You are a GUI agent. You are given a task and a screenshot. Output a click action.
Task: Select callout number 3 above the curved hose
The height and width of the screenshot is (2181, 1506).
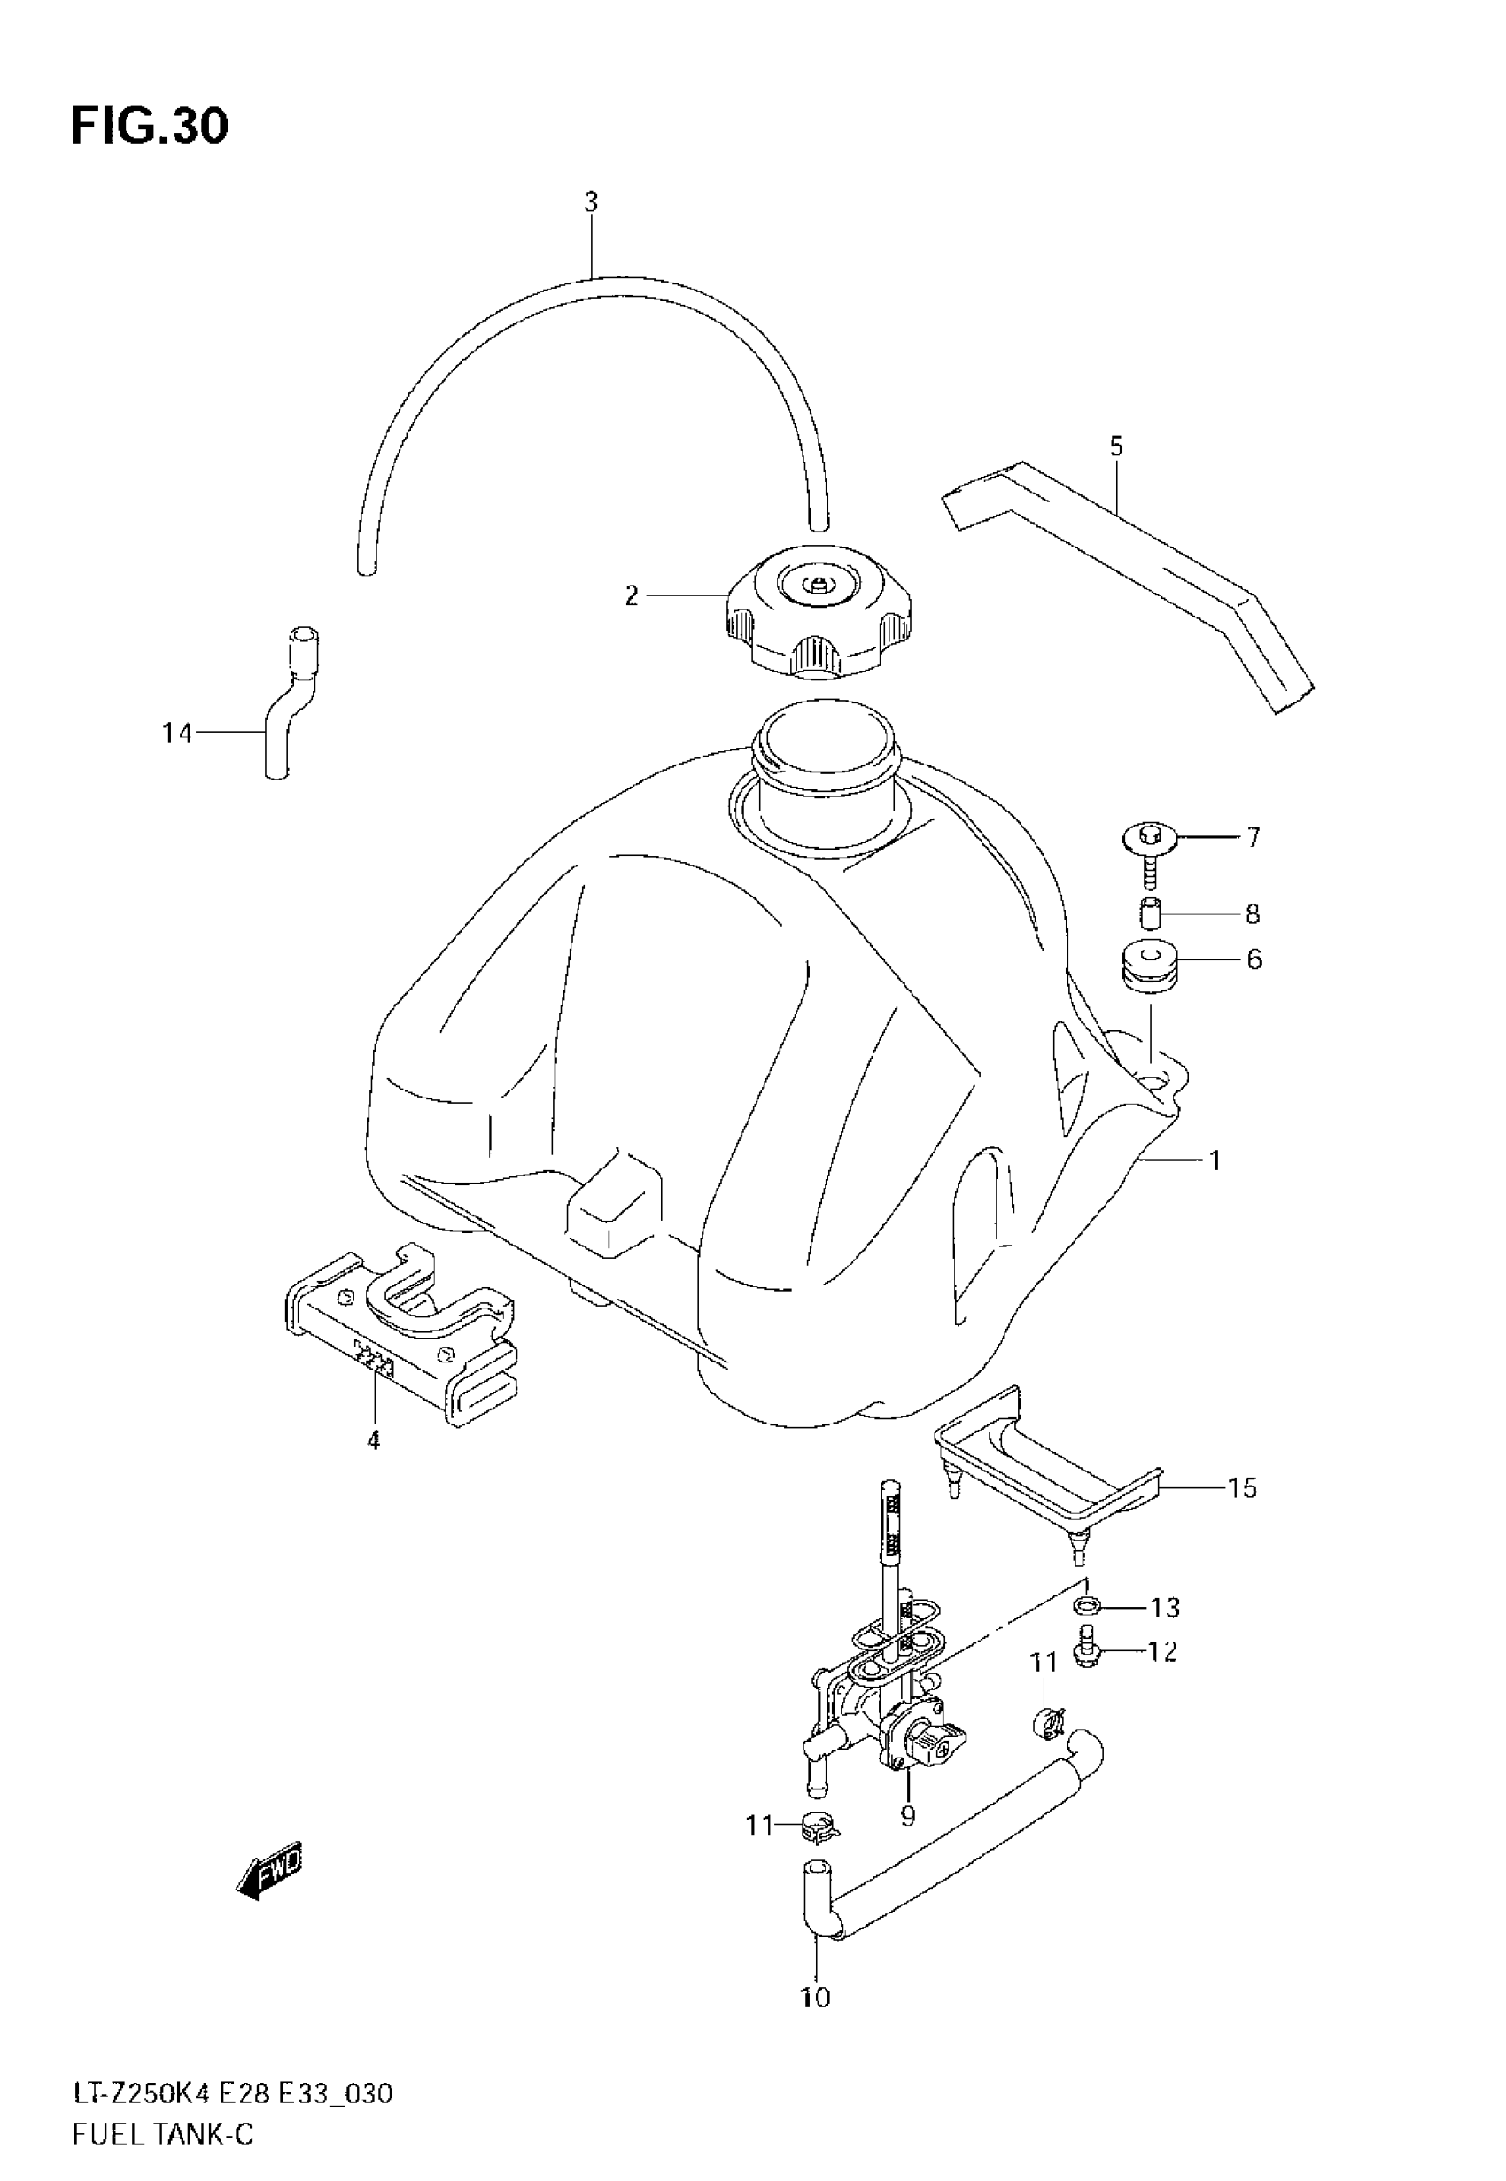pos(591,202)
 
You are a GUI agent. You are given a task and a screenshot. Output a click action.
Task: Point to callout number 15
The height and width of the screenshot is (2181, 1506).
pos(1242,1487)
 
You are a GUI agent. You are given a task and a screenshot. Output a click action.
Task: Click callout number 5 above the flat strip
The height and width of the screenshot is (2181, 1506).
pos(1116,446)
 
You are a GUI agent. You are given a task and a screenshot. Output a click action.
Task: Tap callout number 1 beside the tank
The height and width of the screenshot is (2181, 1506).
pos(1215,1160)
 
